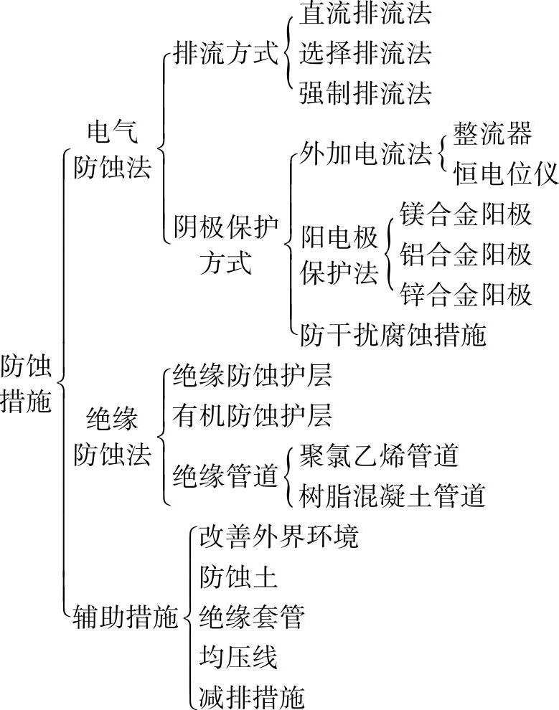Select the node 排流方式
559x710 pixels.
[225, 54]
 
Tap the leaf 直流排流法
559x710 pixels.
[366, 14]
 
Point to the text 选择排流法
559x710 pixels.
[366, 53]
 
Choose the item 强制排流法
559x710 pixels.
[366, 93]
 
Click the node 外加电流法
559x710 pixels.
[366, 153]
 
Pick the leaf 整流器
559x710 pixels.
[492, 133]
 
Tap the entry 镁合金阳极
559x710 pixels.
[466, 214]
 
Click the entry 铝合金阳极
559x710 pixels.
[466, 254]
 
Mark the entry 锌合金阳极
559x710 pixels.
[466, 295]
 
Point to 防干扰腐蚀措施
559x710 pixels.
[393, 335]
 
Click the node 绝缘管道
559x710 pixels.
[225, 475]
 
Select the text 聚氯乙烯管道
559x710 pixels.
[379, 455]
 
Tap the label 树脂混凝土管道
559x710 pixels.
[393, 496]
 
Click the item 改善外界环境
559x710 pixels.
[278, 536]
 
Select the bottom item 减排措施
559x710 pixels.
[252, 696]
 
